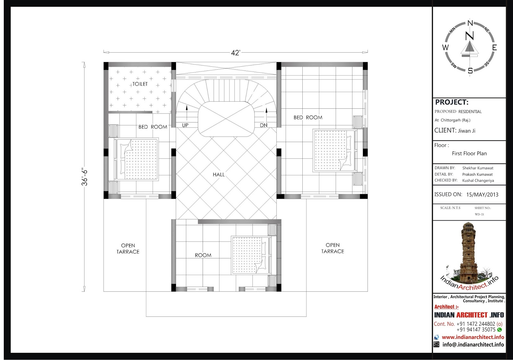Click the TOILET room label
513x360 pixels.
(x=140, y=84)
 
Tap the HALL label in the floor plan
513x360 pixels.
(x=219, y=174)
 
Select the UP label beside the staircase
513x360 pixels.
(x=185, y=125)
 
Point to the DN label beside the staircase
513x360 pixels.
(x=264, y=125)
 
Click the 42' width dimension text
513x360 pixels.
(x=235, y=53)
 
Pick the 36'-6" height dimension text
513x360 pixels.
(x=84, y=178)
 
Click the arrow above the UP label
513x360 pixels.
(x=187, y=113)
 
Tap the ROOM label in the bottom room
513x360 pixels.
(x=203, y=255)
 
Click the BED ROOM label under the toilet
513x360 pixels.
(x=153, y=127)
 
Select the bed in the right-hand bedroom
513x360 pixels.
(x=335, y=150)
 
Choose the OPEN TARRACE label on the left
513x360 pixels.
(x=128, y=249)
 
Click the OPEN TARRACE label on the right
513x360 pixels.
(x=332, y=248)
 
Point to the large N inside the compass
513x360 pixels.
(x=469, y=36)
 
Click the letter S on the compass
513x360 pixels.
(x=470, y=71)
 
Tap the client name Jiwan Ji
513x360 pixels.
(x=467, y=131)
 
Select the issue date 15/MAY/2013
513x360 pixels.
(x=482, y=195)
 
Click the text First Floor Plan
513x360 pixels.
(x=469, y=154)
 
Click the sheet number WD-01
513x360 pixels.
(x=479, y=214)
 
